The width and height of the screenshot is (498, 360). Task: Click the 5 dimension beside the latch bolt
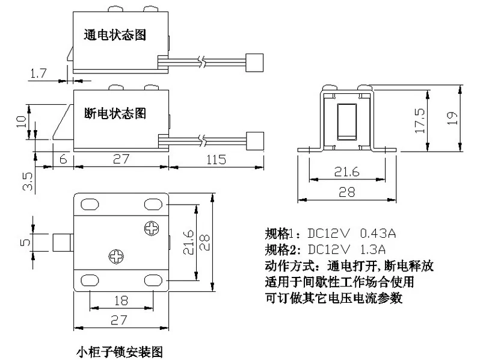25,242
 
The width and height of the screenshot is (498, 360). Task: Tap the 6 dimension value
63,160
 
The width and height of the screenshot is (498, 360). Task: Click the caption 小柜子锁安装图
118,351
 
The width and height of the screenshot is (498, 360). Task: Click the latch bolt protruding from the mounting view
63,242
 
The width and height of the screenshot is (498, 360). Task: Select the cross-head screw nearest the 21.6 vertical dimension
151,229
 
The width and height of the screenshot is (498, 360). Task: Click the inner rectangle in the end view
346,120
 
